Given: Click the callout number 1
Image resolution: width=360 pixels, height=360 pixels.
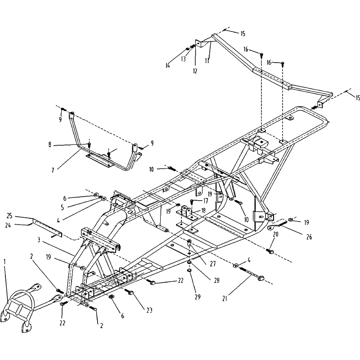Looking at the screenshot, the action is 5,261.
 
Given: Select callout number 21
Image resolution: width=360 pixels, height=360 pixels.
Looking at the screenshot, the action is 225,298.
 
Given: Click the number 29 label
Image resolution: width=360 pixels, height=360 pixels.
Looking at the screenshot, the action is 198,297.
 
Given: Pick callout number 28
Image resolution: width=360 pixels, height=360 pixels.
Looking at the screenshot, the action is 216,280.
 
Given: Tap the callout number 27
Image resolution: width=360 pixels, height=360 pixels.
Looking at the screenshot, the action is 213,264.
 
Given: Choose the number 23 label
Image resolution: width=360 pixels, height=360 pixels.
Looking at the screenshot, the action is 149,310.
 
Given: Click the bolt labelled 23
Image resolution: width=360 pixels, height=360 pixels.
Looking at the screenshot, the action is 130,292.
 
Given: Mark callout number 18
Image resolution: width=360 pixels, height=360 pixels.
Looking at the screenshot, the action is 203,211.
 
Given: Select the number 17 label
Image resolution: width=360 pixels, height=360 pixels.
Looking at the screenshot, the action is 206,201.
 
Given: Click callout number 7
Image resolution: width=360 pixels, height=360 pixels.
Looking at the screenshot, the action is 53,171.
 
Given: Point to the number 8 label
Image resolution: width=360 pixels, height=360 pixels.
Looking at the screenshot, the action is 50,145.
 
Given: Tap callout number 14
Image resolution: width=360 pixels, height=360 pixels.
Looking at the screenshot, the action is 167,65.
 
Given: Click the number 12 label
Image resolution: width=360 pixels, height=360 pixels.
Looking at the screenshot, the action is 195,71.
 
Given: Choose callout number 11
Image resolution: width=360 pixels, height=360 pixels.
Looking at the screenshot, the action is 207,61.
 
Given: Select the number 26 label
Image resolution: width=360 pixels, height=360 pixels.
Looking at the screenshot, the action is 309,237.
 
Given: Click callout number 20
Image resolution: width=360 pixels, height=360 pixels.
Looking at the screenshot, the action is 275,234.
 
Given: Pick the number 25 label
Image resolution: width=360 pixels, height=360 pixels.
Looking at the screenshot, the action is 9,216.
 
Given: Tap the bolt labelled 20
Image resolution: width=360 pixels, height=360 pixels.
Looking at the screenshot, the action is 270,251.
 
